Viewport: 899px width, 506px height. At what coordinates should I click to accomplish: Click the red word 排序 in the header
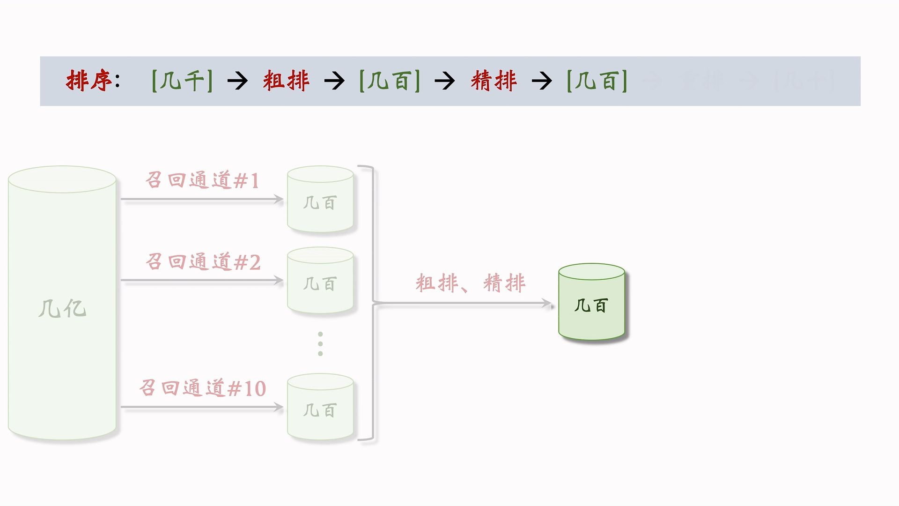89,81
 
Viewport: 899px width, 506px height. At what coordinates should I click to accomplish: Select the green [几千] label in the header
182,81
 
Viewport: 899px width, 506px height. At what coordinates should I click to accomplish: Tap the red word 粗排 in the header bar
286,81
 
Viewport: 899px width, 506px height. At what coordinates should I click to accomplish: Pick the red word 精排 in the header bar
494,81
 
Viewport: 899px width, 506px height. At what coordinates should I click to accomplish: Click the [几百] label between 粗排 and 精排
390,81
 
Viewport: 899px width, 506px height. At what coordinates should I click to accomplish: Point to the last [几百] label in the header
597,81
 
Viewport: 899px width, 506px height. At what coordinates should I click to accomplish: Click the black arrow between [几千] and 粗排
237,81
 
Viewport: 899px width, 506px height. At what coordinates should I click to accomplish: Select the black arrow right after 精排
542,81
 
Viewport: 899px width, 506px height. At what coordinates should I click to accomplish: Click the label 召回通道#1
203,180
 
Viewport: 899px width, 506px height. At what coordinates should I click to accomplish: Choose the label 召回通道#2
203,262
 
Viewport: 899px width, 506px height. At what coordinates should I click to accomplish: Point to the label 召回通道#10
203,388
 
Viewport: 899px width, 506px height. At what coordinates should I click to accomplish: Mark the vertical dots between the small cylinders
320,344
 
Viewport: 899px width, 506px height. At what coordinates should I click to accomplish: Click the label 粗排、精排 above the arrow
471,283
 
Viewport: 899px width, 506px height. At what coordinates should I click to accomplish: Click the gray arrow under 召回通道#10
201,407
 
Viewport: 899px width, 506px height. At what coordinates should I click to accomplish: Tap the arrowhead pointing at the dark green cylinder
547,304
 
